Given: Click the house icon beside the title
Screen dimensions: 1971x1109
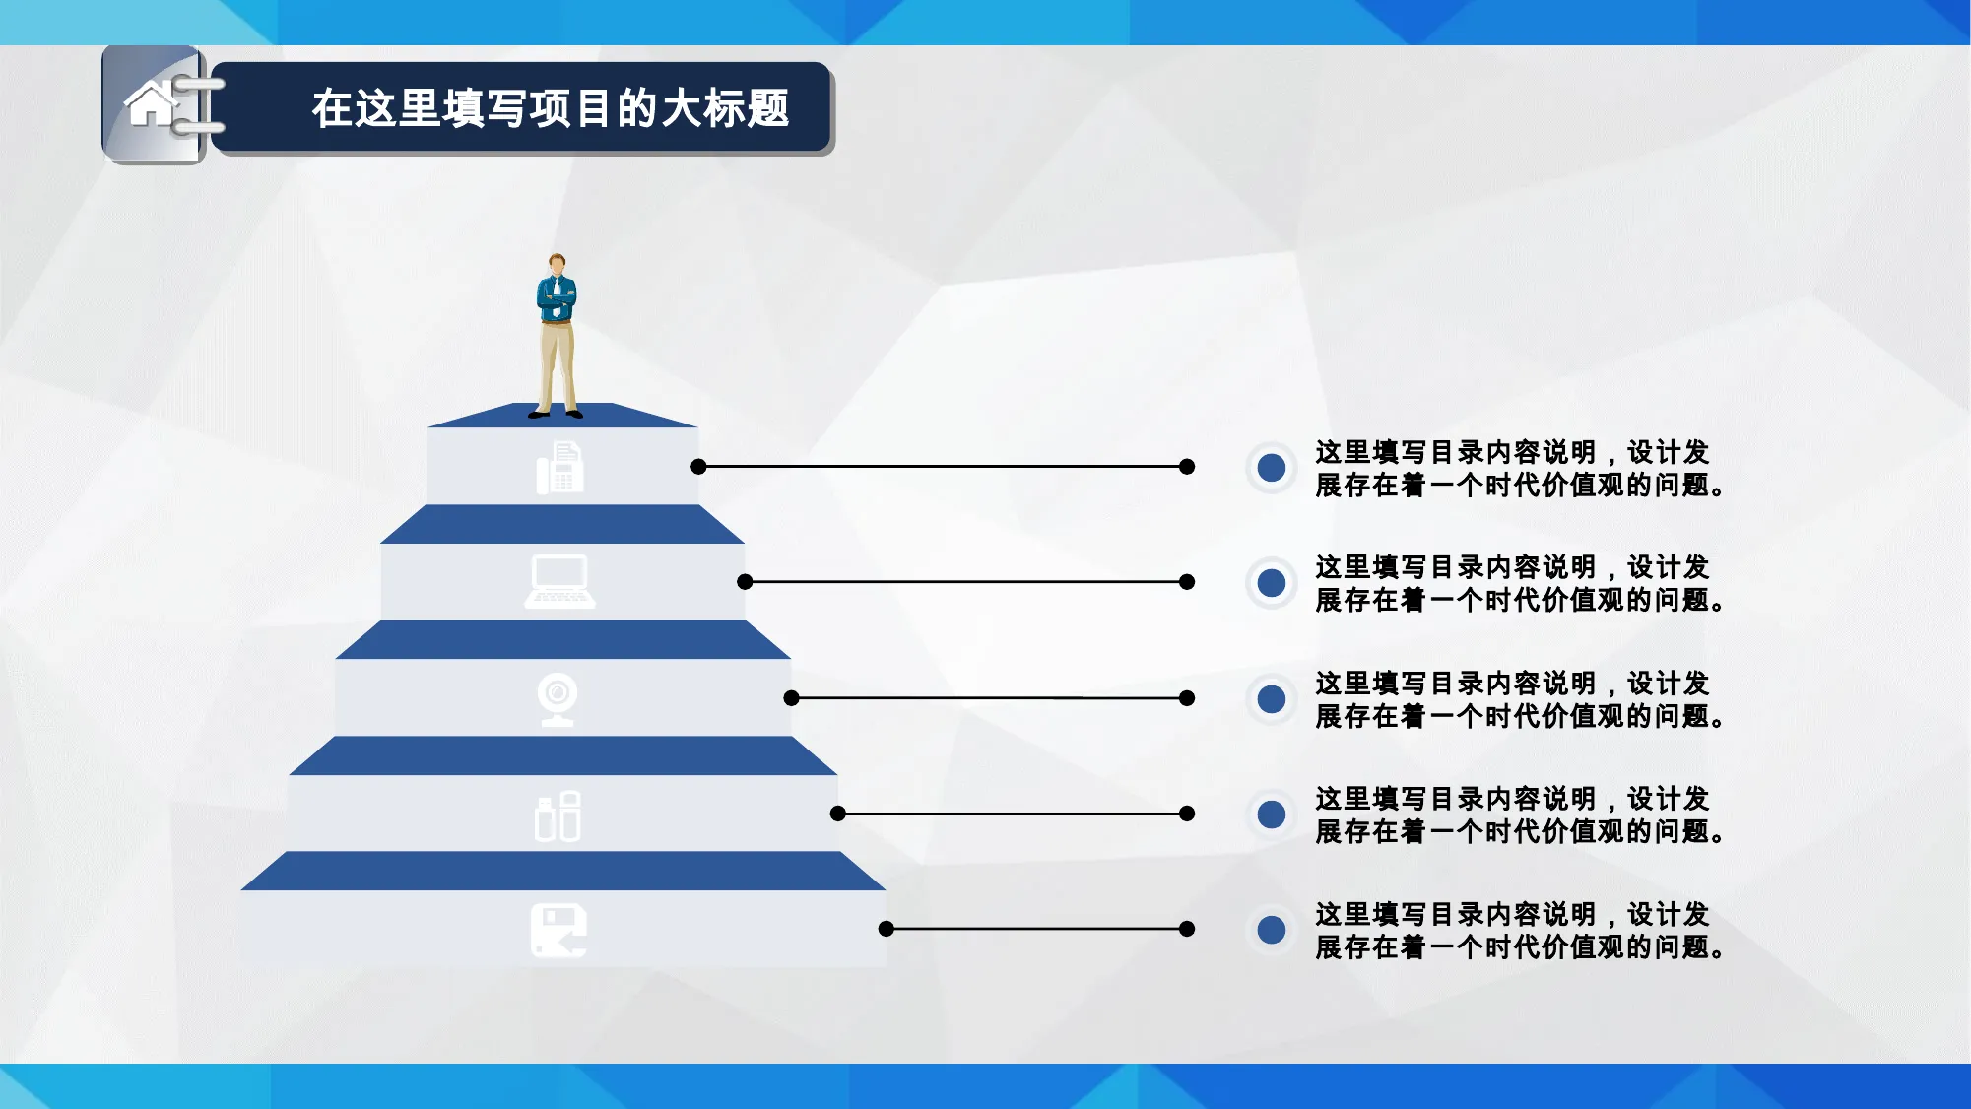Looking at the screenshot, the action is point(151,104).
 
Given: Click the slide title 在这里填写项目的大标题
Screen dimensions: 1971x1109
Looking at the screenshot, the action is point(551,108).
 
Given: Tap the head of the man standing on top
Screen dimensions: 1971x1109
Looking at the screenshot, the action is point(558,265).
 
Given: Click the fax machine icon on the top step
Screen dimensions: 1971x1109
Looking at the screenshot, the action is point(559,468).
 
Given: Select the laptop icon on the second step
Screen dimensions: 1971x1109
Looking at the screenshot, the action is point(559,581).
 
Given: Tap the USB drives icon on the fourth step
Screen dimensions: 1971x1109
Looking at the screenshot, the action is point(558,815).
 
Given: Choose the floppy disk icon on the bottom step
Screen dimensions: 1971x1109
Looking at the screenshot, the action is point(558,931).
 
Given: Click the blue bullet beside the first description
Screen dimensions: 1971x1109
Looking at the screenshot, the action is point(1272,467).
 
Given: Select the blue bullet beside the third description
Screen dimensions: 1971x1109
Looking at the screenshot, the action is point(1272,698).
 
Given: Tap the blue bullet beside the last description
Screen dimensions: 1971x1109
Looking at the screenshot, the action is point(1272,930).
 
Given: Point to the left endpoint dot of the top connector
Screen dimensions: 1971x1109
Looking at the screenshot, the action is point(698,467).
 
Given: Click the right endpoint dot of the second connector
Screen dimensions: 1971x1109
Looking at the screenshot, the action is point(1187,582).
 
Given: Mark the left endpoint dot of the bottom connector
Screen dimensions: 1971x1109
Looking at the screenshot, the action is point(886,929).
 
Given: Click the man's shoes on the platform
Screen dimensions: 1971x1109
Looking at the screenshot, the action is point(556,414).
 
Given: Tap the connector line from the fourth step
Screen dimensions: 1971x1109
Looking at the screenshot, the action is point(1013,814).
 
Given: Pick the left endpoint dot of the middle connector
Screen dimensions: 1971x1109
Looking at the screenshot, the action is point(791,698).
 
